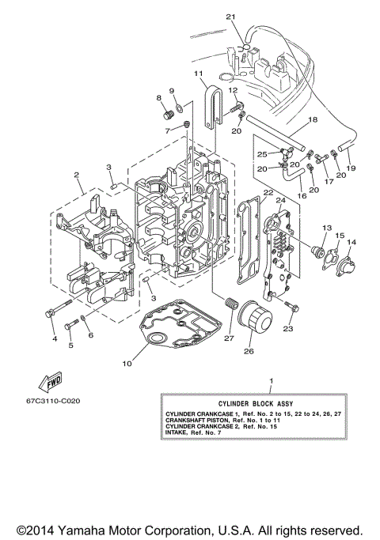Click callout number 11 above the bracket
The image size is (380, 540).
(198, 73)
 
